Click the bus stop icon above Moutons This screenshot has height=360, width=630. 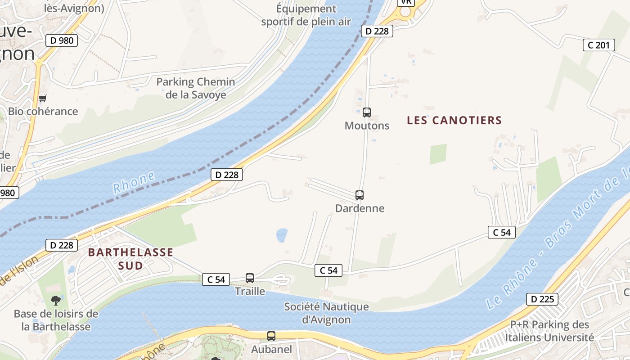(367, 112)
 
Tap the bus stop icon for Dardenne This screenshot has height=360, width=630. (359, 195)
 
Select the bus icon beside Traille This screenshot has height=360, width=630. (250, 278)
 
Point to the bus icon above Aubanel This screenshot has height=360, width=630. (271, 336)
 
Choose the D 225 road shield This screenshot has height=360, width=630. (542, 299)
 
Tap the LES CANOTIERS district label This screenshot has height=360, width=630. (454, 121)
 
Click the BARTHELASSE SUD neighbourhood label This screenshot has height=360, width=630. (130, 259)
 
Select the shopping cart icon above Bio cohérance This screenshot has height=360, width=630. (43, 98)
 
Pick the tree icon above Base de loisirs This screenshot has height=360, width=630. (56, 300)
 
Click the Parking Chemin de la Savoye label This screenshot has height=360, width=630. (196, 88)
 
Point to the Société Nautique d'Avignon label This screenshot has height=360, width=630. (326, 313)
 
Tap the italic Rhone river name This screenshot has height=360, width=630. (134, 182)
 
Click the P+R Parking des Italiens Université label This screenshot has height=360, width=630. (549, 331)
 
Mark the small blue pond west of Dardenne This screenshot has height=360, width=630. (282, 235)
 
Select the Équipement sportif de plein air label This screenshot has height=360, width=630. (306, 15)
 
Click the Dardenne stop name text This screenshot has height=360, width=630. (360, 208)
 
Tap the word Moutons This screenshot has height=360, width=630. (367, 126)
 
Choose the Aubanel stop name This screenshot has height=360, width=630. (271, 349)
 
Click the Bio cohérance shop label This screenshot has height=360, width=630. (43, 112)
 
